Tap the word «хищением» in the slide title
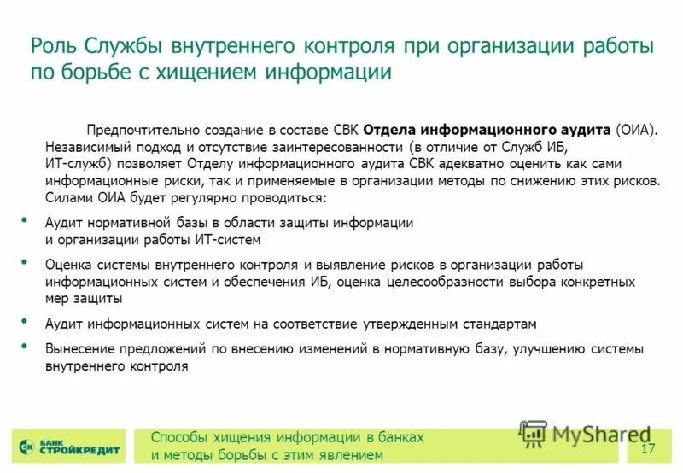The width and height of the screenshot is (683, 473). coord(194,73)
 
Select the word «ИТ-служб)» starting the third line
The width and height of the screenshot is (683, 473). coord(78,164)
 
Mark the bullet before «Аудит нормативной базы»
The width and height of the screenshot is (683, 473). coord(25,220)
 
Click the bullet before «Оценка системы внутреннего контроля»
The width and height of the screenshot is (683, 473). coord(25,262)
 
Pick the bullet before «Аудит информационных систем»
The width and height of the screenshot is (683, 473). coord(25,321)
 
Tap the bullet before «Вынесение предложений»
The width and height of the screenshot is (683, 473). coord(25,346)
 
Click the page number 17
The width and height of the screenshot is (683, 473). coord(647,450)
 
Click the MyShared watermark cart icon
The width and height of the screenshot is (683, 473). coord(533,435)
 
